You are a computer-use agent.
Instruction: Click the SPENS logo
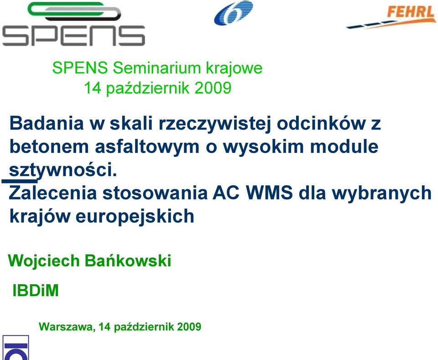[x=74, y=24]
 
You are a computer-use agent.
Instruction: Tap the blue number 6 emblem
[x=233, y=13]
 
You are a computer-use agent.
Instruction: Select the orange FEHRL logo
[x=391, y=17]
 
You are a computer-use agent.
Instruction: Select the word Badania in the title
[x=47, y=123]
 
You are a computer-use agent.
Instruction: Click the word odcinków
[x=321, y=123]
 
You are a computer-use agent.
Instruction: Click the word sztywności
[x=63, y=170]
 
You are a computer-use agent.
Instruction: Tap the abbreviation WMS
[x=269, y=193]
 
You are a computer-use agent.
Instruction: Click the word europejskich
[x=135, y=217]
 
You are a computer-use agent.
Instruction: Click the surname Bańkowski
[x=128, y=260]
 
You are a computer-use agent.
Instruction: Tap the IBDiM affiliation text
[x=36, y=291]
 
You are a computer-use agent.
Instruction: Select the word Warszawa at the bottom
[x=67, y=327]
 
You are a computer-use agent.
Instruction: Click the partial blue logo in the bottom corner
[x=16, y=348]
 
